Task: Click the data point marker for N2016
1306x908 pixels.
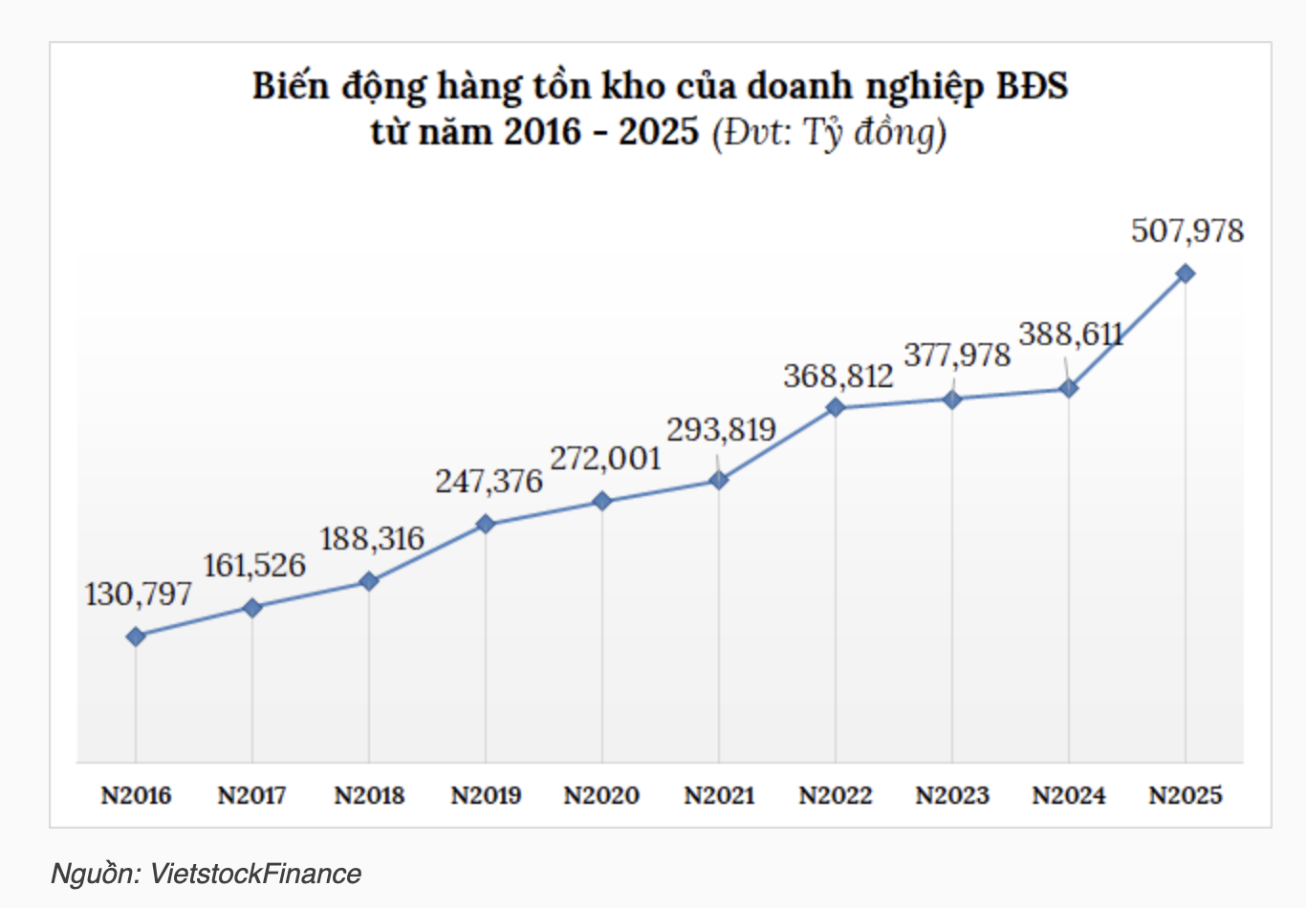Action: click(x=136, y=637)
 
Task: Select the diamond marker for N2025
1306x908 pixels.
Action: click(x=1185, y=273)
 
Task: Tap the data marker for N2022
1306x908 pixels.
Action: click(x=836, y=407)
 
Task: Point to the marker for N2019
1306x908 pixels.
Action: click(x=486, y=524)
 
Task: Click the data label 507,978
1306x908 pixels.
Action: click(x=1187, y=231)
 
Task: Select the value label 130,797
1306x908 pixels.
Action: click(x=139, y=595)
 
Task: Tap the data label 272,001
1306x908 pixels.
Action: click(x=605, y=459)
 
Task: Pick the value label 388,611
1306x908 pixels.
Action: click(x=1071, y=335)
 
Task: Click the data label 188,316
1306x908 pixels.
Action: click(x=372, y=539)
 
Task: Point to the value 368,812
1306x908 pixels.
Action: click(x=838, y=377)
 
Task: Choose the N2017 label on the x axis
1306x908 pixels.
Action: click(x=252, y=795)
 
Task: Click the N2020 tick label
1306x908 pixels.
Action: click(x=602, y=795)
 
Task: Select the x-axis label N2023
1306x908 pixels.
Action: click(x=952, y=795)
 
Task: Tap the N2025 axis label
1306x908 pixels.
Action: click(x=1186, y=795)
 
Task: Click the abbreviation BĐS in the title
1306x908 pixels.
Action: click(x=1033, y=86)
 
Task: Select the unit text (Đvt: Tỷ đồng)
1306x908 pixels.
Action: click(x=829, y=132)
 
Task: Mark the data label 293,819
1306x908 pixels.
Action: click(x=721, y=430)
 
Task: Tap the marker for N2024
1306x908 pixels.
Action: click(x=1069, y=389)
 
